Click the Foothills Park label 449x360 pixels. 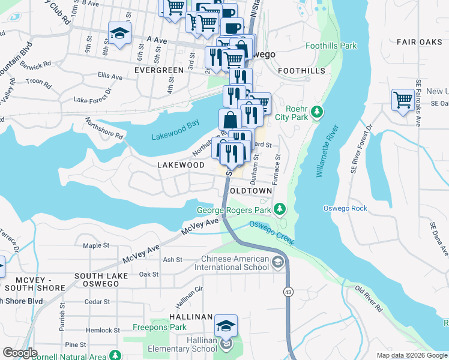[331, 46]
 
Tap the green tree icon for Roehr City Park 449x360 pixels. [317, 112]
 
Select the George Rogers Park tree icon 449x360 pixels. [279, 209]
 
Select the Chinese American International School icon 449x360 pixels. [278, 262]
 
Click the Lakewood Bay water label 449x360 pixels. [175, 137]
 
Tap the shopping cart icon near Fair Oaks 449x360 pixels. [403, 100]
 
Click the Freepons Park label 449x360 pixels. [160, 328]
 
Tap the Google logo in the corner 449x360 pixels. [20, 353]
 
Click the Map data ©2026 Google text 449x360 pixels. [412, 355]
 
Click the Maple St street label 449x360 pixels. [96, 245]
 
